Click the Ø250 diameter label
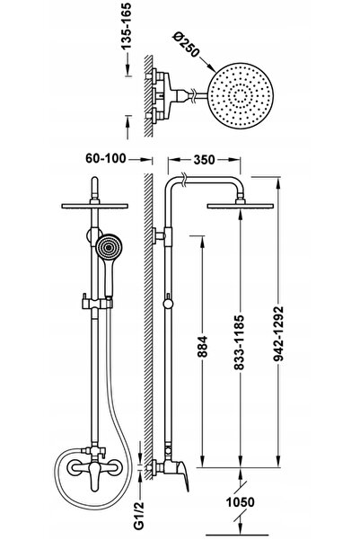point(187,45)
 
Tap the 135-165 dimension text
point(127,27)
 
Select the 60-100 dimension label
point(106,158)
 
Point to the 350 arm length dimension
point(204,160)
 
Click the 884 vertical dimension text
point(204,347)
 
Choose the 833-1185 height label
point(239,342)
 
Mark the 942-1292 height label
point(278,334)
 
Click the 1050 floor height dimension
point(241,502)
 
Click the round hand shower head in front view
point(109,246)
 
